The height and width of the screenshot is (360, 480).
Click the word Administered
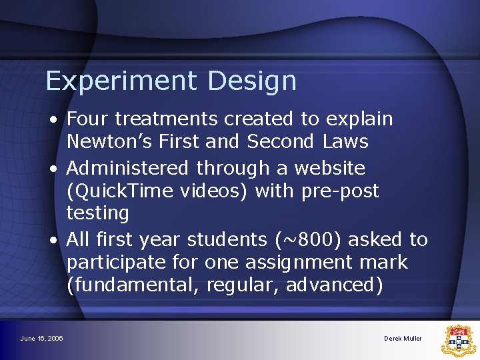coord(126,168)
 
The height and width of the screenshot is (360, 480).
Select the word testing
coord(97,213)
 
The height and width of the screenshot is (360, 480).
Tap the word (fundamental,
coord(133,285)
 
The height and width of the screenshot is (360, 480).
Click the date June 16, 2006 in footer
coord(41,339)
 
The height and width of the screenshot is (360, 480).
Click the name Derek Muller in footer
coord(403,339)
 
